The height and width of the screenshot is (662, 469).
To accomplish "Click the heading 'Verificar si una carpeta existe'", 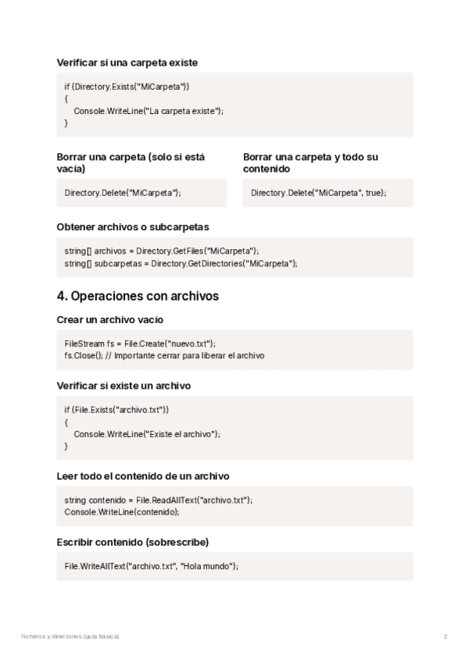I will [x=127, y=62].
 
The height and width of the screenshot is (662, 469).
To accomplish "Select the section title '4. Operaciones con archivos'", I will [x=138, y=297].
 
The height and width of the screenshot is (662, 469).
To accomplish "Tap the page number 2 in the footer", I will [x=445, y=636].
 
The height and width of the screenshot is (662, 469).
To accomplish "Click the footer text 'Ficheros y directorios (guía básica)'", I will [x=70, y=636].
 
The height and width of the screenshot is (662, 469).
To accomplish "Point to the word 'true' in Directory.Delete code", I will [x=374, y=192].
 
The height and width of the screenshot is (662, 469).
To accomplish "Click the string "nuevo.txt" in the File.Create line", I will [x=190, y=343].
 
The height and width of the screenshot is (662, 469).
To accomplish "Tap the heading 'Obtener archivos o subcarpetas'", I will [x=133, y=227].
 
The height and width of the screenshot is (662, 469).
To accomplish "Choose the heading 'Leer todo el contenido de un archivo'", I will [x=143, y=475].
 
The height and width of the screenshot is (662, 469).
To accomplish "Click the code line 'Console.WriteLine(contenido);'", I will [x=122, y=511].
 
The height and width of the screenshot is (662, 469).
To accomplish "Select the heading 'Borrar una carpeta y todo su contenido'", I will [x=310, y=162].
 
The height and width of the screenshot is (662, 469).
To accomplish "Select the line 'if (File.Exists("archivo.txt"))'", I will [x=116, y=409].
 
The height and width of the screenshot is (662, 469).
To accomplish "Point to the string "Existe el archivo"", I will [x=180, y=434].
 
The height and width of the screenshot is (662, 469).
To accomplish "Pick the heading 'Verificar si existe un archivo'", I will [x=124, y=386].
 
